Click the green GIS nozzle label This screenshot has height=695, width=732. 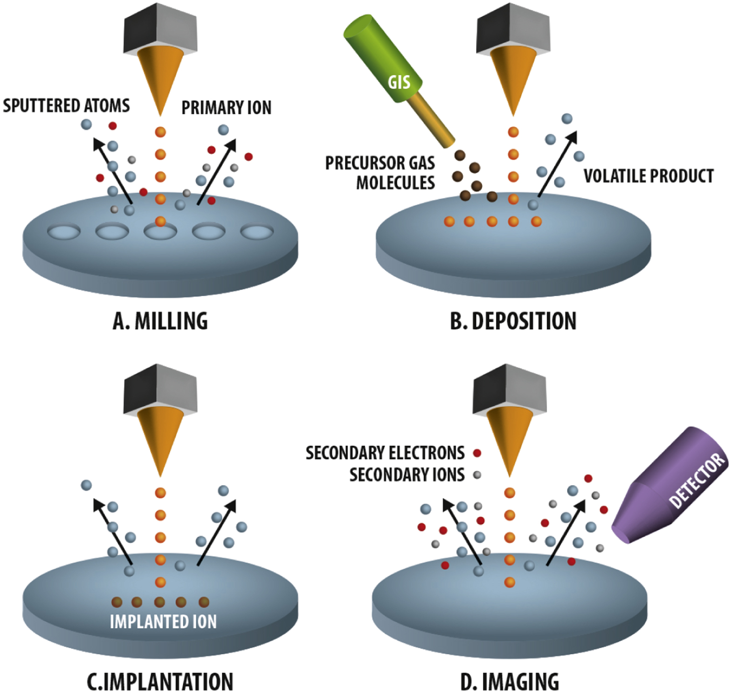click(x=399, y=82)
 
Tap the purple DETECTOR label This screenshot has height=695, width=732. click(x=697, y=480)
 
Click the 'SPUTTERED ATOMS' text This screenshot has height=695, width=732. click(x=66, y=106)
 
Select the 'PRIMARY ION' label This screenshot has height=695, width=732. click(x=226, y=108)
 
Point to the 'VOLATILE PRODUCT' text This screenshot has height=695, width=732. click(x=648, y=176)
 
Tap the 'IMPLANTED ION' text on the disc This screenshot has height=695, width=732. click(x=163, y=621)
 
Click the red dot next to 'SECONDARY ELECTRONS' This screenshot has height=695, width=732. click(x=477, y=452)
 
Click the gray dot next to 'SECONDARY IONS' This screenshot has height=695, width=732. click(x=477, y=475)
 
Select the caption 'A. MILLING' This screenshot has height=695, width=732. click(x=160, y=321)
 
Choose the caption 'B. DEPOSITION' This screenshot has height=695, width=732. click(x=513, y=321)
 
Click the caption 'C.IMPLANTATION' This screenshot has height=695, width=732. click(x=160, y=681)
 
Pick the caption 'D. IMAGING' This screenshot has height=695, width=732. click(x=510, y=681)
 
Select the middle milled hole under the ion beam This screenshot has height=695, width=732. click(x=160, y=232)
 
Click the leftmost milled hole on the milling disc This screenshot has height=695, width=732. click(x=64, y=232)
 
